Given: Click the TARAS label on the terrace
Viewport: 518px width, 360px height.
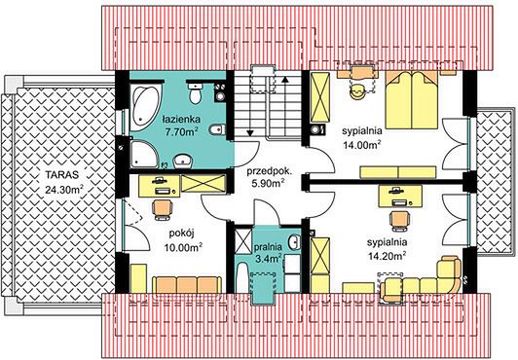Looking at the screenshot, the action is tap(62, 174).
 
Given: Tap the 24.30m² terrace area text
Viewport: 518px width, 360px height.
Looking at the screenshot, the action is tap(64, 189).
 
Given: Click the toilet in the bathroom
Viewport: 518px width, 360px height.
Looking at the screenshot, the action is tap(196, 92).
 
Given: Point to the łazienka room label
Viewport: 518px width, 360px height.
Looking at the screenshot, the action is tap(181, 119).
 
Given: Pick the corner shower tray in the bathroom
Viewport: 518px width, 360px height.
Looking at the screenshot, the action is tap(144, 155).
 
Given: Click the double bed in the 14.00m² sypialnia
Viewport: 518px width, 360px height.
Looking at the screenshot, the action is tap(412, 100).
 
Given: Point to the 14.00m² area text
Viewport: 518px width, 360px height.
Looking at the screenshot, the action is tap(362, 145).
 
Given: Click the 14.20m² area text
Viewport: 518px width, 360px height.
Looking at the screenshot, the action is tap(387, 256).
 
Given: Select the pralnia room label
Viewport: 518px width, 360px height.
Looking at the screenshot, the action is tap(268, 246).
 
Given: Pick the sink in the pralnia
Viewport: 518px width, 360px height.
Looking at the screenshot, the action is tap(294, 242).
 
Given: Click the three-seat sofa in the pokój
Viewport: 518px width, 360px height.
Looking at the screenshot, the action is tap(187, 285).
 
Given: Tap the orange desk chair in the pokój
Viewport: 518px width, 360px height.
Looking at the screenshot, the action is tap(163, 209).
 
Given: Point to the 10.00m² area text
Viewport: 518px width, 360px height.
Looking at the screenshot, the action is tap(184, 247).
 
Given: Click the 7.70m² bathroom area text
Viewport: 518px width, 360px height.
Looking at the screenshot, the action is tap(181, 132).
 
